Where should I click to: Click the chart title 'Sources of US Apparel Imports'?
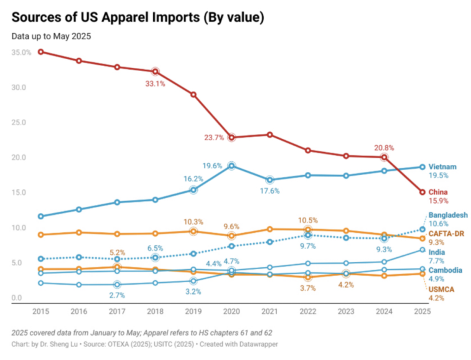[x=138, y=17]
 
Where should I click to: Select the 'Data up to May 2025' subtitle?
[x=51, y=36]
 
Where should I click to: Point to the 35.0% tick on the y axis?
[x=21, y=52]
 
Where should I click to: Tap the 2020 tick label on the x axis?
[x=231, y=310]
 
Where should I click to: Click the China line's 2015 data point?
[x=41, y=52]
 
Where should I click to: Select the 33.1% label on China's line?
[x=155, y=83]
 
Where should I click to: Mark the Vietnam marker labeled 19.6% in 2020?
[x=231, y=166]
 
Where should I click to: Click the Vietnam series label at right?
[x=443, y=167]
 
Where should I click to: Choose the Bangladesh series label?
[x=448, y=215]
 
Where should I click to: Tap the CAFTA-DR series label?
[x=446, y=233]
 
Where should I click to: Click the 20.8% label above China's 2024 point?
[x=385, y=148]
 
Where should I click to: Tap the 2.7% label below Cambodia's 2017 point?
[x=117, y=295]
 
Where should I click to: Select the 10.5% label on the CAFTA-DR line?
[x=308, y=220]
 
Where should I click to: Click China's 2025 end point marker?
[x=422, y=192]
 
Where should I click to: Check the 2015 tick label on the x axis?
[x=41, y=310]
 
